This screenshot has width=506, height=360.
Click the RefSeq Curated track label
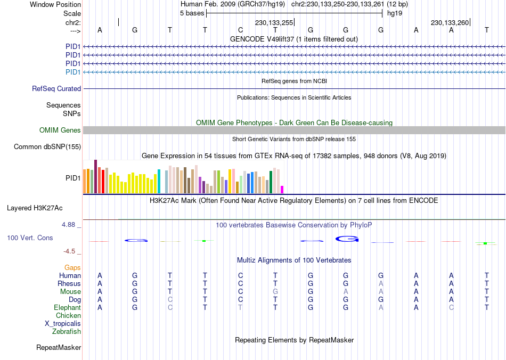click(x=56, y=89)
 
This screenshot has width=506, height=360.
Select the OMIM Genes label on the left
click(x=60, y=130)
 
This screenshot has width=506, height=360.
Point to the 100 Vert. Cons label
click(x=30, y=238)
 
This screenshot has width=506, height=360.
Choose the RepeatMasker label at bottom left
click(x=59, y=348)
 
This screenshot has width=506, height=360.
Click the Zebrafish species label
click(x=67, y=332)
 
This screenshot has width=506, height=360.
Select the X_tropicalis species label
click(x=63, y=324)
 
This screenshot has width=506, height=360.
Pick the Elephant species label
click(x=67, y=308)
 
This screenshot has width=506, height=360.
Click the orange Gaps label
click(x=72, y=267)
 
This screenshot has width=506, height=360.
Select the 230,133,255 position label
click(x=274, y=23)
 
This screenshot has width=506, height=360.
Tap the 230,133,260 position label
click(x=450, y=23)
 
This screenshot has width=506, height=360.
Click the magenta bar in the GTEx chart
click(x=282, y=189)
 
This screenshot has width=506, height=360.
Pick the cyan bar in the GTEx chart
click(x=159, y=182)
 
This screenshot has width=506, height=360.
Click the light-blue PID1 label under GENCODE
click(x=73, y=72)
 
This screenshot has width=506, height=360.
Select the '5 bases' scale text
click(x=192, y=13)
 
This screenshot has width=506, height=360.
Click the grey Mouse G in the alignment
click(x=275, y=292)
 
